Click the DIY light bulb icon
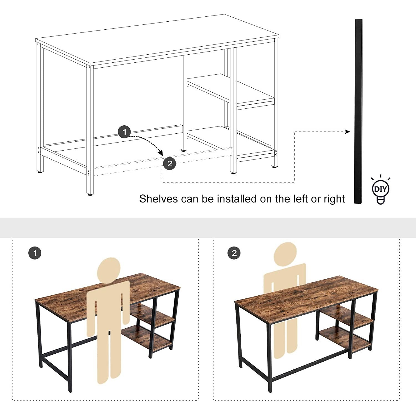pyautogui.click(x=381, y=190)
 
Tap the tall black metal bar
pyautogui.click(x=359, y=111)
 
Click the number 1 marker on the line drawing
pyautogui.click(x=124, y=132)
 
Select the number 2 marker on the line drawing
pyautogui.click(x=170, y=164)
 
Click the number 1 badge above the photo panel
pyautogui.click(x=35, y=253)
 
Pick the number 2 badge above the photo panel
pyautogui.click(x=234, y=253)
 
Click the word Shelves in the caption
pyautogui.click(x=159, y=199)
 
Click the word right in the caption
pyautogui.click(x=331, y=199)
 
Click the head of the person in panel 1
pyautogui.click(x=109, y=270)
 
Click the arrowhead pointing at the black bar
pyautogui.click(x=348, y=132)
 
